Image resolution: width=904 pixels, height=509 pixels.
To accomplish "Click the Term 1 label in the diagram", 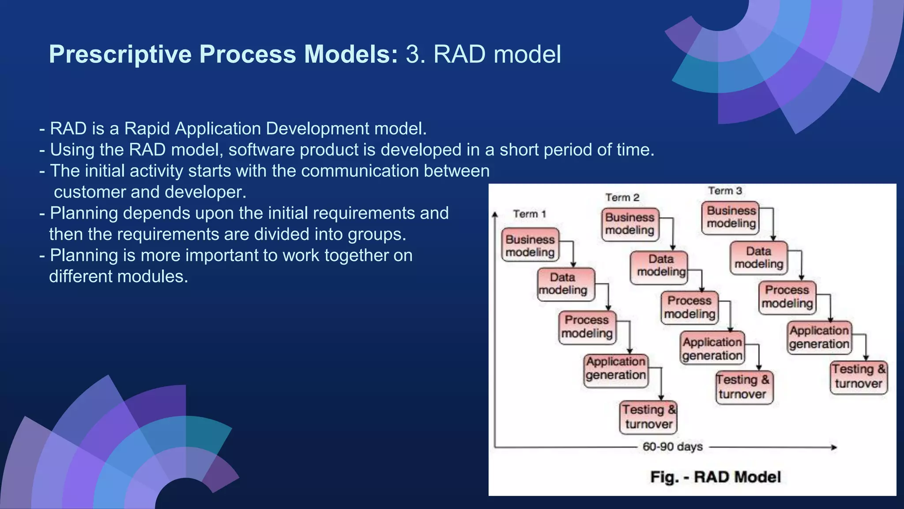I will pyautogui.click(x=529, y=214).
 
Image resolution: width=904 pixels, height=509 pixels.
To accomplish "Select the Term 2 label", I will pyautogui.click(x=622, y=198).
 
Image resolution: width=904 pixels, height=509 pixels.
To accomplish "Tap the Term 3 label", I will pyautogui.click(x=725, y=191).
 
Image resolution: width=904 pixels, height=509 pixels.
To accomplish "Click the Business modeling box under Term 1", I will pyautogui.click(x=530, y=246).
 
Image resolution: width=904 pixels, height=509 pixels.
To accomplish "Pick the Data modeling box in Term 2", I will pyautogui.click(x=660, y=266).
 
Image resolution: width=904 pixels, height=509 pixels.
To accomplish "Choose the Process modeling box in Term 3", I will pyautogui.click(x=787, y=297).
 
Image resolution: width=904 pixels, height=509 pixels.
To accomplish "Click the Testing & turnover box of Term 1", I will pyautogui.click(x=648, y=417).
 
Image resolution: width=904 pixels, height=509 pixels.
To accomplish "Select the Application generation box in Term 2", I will pyautogui.click(x=712, y=349).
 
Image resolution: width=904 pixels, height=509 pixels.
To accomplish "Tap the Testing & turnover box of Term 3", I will pyautogui.click(x=859, y=376).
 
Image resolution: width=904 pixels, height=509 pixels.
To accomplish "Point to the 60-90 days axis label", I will pyautogui.click(x=672, y=447).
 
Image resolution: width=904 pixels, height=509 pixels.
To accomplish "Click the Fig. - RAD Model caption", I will pyautogui.click(x=715, y=477).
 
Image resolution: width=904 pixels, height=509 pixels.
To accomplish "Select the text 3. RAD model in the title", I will pyautogui.click(x=483, y=54).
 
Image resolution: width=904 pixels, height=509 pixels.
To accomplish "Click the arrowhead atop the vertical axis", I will pyautogui.click(x=495, y=215).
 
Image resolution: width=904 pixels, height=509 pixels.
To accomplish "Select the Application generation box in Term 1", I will pyautogui.click(x=616, y=368).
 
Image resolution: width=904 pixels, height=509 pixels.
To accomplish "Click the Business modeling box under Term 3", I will pyautogui.click(x=731, y=217).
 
